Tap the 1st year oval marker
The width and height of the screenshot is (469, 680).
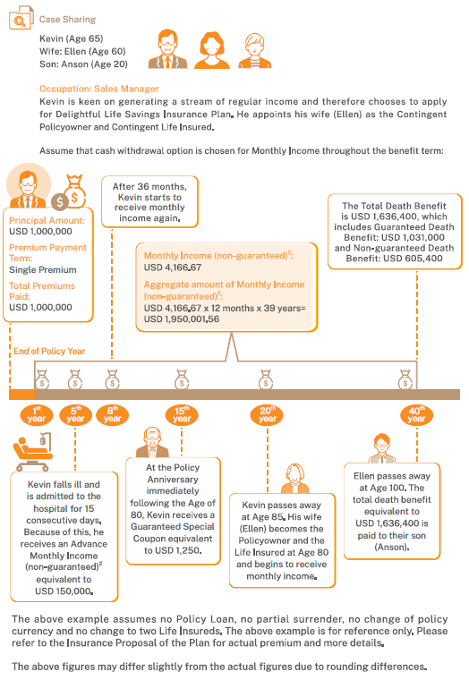tap(37, 415)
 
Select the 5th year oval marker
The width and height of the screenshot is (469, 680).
tap(75, 415)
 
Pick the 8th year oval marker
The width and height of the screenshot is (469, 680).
tap(113, 415)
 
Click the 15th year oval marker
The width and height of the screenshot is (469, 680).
tap(182, 415)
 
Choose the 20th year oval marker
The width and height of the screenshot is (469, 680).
tap(267, 415)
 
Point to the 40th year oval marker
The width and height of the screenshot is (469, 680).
tap(416, 415)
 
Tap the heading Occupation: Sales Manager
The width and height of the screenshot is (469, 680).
tap(99, 89)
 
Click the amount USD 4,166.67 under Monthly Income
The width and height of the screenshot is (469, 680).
tap(173, 268)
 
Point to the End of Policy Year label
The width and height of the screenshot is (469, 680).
tap(49, 352)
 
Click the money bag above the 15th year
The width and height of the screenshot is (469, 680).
tap(182, 379)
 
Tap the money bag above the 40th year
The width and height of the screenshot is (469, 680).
tap(405, 379)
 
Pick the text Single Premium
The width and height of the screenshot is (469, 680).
tap(43, 269)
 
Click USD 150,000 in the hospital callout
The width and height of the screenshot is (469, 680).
tap(64, 591)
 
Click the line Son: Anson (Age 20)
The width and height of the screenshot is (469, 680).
tap(83, 64)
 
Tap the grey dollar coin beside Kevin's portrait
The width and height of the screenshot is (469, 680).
tap(60, 201)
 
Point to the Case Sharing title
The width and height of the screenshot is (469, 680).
tap(67, 20)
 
